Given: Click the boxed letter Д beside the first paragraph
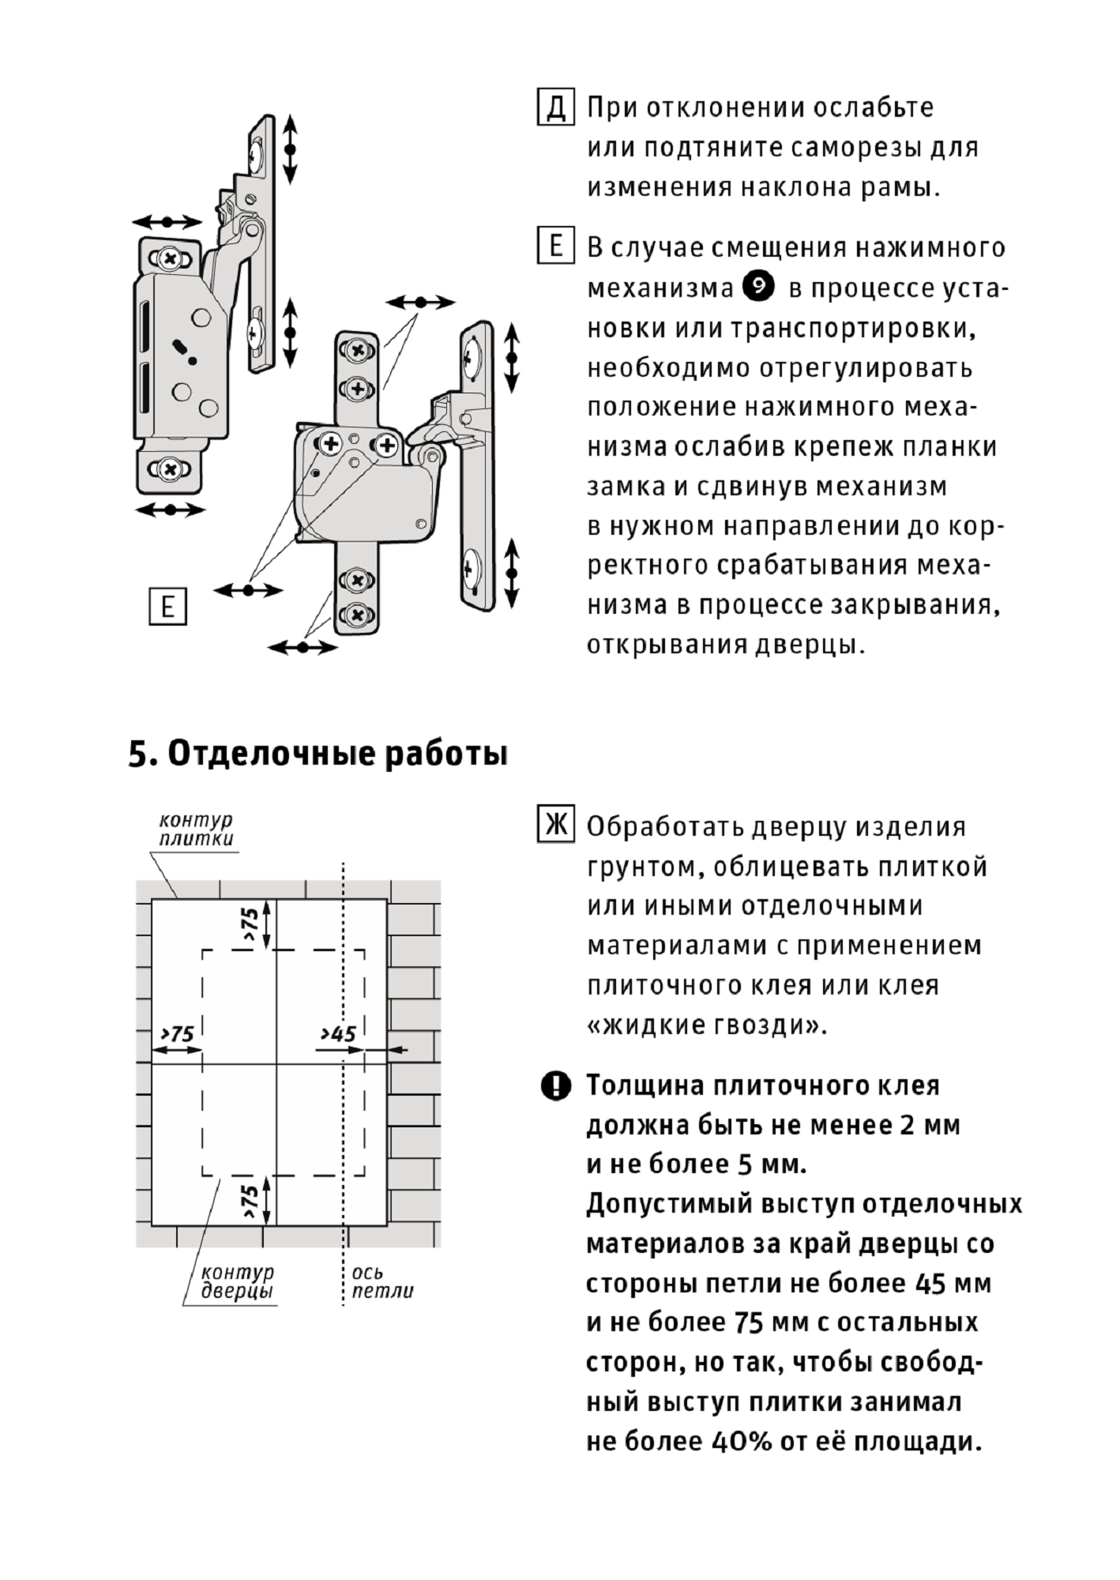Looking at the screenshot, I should (555, 107).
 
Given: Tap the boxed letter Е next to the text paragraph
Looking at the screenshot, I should (555, 246).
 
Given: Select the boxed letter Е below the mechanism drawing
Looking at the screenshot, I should (167, 607).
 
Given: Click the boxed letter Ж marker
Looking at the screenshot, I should (555, 825).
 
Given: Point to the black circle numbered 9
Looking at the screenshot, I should (759, 287).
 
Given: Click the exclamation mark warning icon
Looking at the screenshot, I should (555, 1086).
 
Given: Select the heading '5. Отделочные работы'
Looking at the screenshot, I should (318, 754).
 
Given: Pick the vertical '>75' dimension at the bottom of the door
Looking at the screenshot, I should (251, 1200).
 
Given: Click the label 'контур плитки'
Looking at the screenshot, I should (196, 829).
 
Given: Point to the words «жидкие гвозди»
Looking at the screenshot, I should (706, 1025).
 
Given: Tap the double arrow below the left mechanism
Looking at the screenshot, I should (170, 510).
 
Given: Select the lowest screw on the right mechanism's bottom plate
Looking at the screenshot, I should (357, 614).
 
